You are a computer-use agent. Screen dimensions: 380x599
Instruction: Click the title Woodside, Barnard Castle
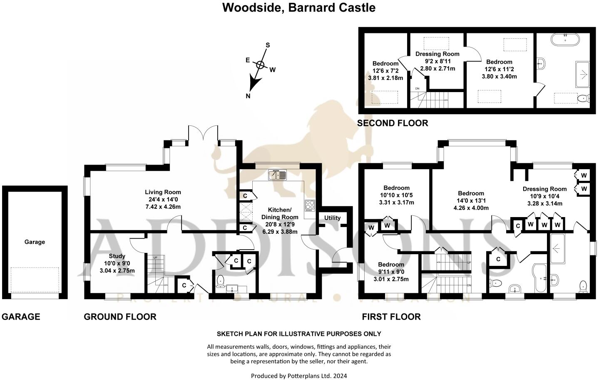click(x=298, y=7)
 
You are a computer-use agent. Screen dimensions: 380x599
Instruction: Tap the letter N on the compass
click(x=248, y=96)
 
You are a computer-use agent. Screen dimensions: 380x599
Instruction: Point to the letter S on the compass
click(x=268, y=45)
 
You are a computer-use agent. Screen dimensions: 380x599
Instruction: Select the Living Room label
click(x=163, y=192)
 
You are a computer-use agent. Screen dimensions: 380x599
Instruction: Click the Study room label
click(x=117, y=256)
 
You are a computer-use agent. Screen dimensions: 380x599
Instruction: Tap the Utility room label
click(x=332, y=218)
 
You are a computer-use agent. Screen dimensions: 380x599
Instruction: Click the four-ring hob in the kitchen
click(x=310, y=205)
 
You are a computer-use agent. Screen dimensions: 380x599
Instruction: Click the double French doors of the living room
click(x=202, y=134)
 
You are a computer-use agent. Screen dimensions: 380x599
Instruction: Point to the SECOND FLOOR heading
click(x=392, y=123)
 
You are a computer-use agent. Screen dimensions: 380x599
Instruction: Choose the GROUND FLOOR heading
click(x=120, y=317)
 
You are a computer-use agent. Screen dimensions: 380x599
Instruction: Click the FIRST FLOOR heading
click(x=391, y=317)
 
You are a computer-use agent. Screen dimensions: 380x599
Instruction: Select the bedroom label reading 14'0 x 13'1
click(x=471, y=200)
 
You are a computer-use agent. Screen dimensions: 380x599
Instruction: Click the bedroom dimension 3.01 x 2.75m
click(x=391, y=279)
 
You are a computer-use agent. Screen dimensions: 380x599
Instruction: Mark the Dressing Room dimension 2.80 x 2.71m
click(x=437, y=68)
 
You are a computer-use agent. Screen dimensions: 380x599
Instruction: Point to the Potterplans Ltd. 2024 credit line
click(x=298, y=376)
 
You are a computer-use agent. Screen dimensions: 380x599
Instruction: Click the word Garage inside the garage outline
click(x=35, y=242)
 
